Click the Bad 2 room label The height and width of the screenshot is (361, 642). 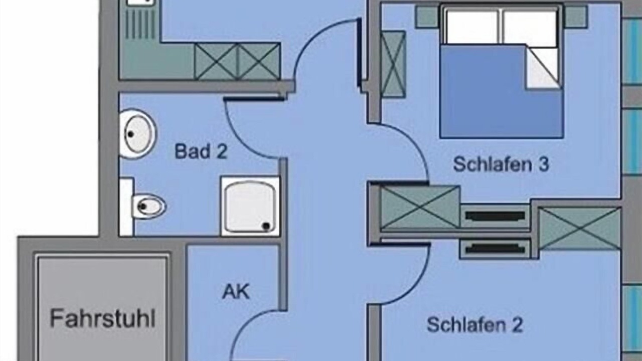tap(201, 151)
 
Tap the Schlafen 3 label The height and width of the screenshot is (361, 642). tap(501, 164)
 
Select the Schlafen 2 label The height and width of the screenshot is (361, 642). tap(475, 324)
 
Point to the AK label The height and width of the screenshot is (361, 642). tap(236, 292)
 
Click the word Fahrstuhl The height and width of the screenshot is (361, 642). tap(103, 318)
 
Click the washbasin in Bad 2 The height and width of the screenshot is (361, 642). tap(137, 134)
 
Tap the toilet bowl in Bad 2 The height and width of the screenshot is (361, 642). tap(149, 206)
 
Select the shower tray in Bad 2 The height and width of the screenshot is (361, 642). tap(250, 206)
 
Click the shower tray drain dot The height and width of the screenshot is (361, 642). tap(266, 226)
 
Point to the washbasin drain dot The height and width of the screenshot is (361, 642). tap(131, 134)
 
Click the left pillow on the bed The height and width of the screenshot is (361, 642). tap(472, 28)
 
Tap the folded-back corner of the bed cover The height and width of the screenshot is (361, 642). tap(543, 67)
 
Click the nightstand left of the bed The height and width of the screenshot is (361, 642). tap(427, 17)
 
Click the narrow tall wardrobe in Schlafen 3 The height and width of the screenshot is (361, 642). tap(393, 64)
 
